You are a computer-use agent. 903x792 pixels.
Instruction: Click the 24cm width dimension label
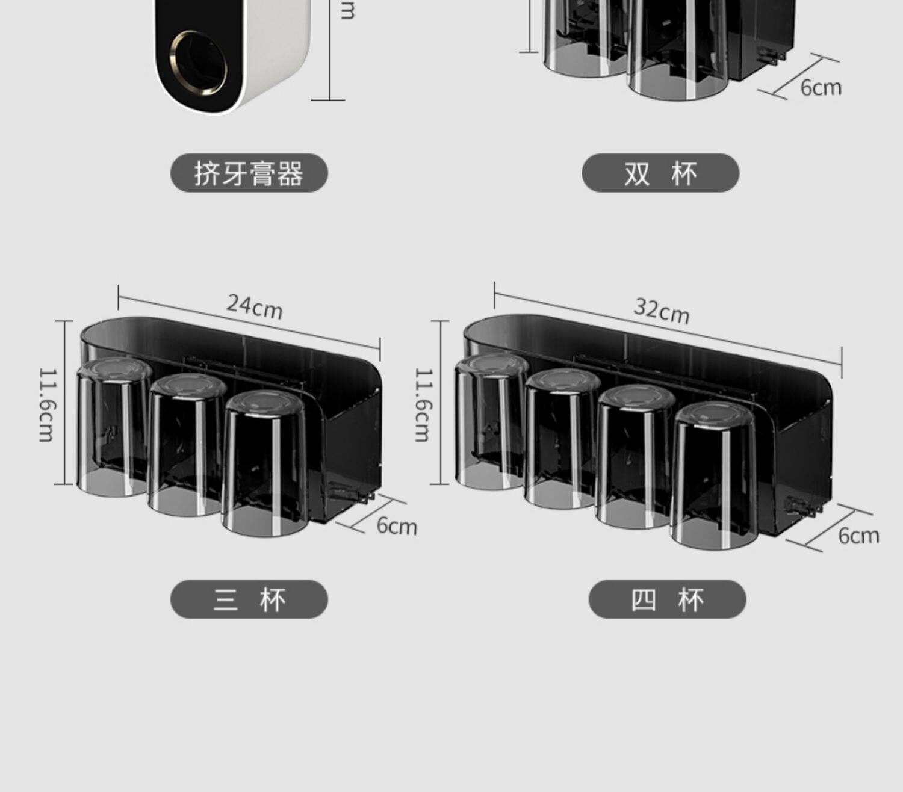pyautogui.click(x=255, y=306)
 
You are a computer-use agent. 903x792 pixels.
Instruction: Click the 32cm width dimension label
pyautogui.click(x=662, y=311)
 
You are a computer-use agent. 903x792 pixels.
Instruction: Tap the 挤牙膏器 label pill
pyautogui.click(x=249, y=173)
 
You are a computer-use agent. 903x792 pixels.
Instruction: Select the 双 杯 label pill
pyautogui.click(x=660, y=173)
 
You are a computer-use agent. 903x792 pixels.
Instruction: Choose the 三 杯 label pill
pyautogui.click(x=249, y=599)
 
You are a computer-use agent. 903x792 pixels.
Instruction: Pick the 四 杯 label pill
pyautogui.click(x=667, y=599)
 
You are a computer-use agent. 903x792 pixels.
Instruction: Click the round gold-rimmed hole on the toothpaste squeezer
pyautogui.click(x=198, y=62)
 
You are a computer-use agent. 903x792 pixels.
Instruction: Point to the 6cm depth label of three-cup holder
pyautogui.click(x=397, y=526)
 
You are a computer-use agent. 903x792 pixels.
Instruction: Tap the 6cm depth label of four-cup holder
pyautogui.click(x=858, y=535)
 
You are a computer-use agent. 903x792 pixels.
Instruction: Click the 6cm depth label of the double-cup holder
pyautogui.click(x=821, y=88)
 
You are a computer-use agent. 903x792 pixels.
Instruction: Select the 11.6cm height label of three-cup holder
pyautogui.click(x=46, y=404)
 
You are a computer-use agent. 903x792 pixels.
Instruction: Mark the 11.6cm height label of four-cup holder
pyautogui.click(x=423, y=404)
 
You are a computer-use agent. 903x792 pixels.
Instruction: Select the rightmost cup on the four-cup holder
pyautogui.click(x=714, y=475)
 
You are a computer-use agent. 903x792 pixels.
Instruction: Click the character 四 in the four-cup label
pyautogui.click(x=643, y=599)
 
